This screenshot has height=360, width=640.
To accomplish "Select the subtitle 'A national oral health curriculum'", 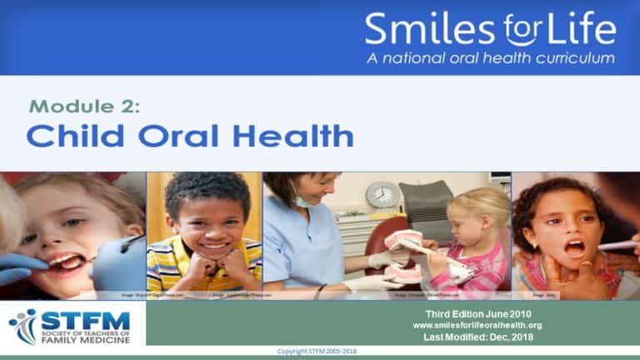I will (491, 58).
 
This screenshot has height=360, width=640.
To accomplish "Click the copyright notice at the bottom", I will (319, 352).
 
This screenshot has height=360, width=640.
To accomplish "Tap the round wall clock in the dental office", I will (383, 195).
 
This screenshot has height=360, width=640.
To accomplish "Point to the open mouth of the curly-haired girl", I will (575, 248).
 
